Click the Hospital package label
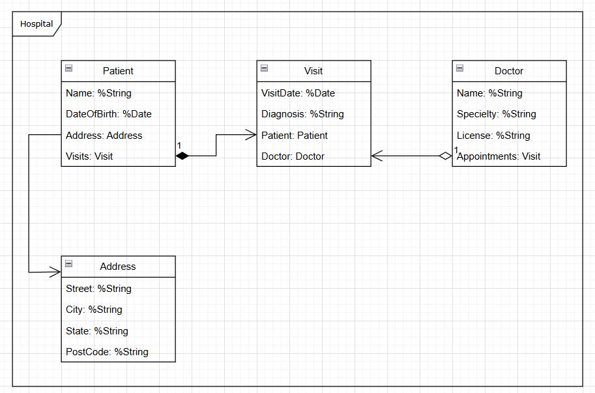click(x=36, y=24)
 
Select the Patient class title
click(x=118, y=71)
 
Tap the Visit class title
click(x=313, y=71)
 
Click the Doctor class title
click(x=509, y=71)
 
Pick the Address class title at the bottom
click(x=118, y=267)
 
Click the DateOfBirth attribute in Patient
click(x=109, y=114)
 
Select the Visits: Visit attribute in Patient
click(x=89, y=156)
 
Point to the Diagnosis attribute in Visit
click(x=302, y=114)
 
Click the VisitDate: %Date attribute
click(x=298, y=93)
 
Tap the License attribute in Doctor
click(x=493, y=136)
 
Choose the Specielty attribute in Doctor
click(x=497, y=114)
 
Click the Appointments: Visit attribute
click(x=499, y=156)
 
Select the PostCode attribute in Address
click(x=107, y=352)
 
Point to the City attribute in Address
click(x=94, y=310)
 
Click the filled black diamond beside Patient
click(x=182, y=156)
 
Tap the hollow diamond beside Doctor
click(x=445, y=156)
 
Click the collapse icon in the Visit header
click(x=264, y=68)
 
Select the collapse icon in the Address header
click(x=68, y=264)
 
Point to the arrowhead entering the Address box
click(x=56, y=272)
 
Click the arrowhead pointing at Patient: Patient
click(x=252, y=135)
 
